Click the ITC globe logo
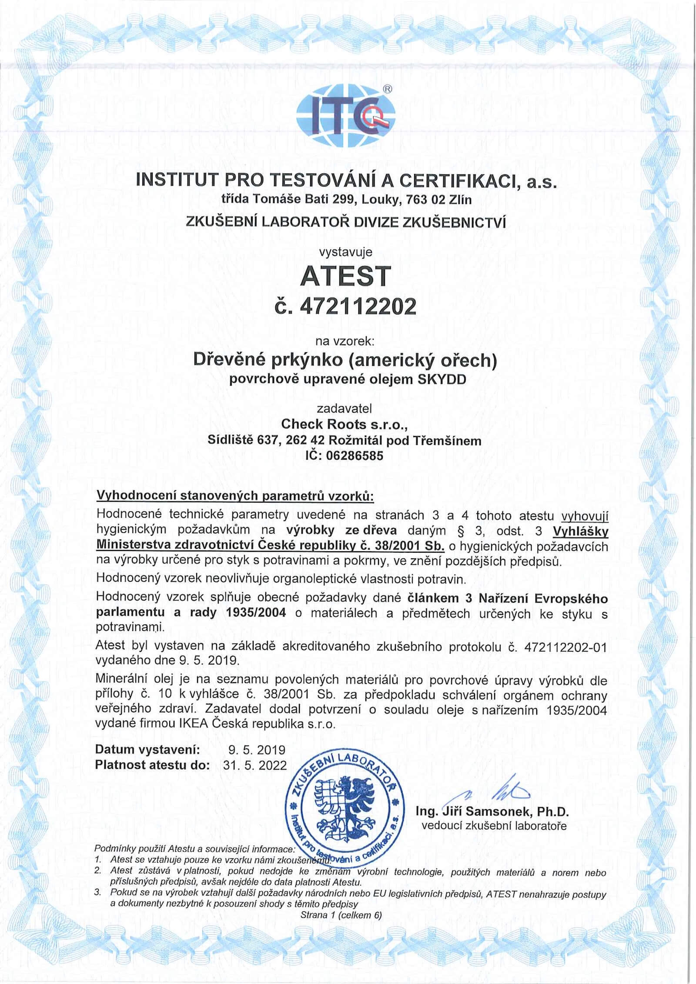346,114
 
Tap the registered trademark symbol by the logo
387,89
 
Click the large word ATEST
346,276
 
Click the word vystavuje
346,251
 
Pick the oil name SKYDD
442,379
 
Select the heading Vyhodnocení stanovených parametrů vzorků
234,496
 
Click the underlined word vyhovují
585,516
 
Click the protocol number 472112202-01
565,647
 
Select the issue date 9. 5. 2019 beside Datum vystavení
257,750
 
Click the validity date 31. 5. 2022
255,765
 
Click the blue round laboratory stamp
346,816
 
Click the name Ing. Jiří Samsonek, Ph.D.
492,811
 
